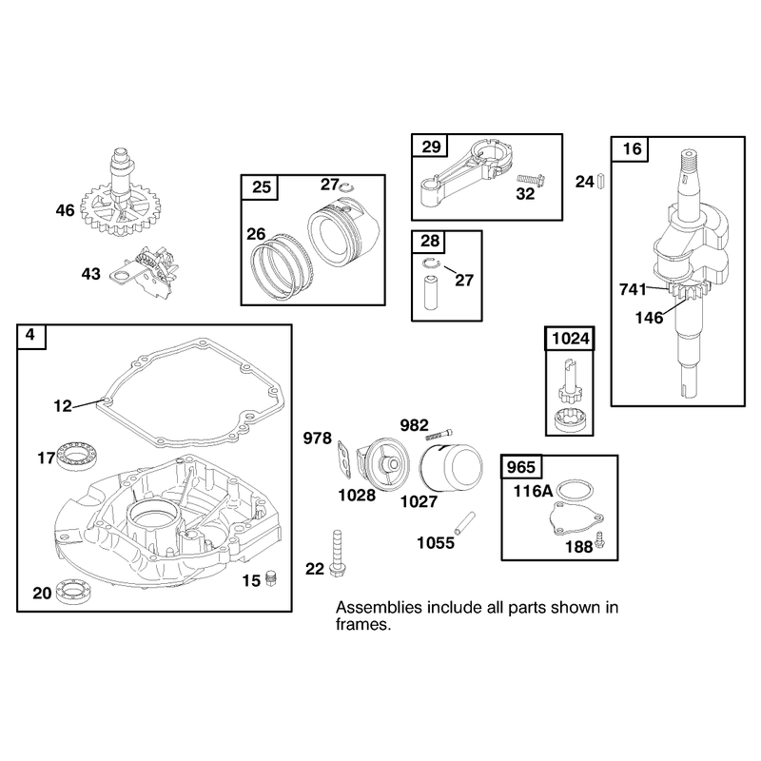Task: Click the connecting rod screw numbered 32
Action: pos(532,180)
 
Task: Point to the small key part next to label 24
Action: pos(601,181)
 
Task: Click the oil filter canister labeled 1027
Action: pos(451,467)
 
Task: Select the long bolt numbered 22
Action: pos(337,554)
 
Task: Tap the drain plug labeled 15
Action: pos(271,578)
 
